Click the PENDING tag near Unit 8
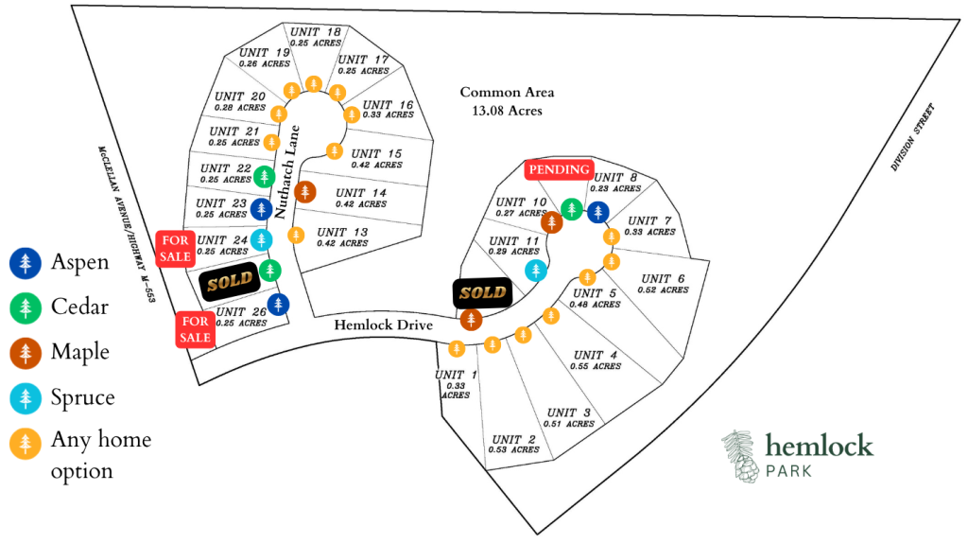click(560, 169)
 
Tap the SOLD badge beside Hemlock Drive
click(483, 293)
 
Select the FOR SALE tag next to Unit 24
click(175, 249)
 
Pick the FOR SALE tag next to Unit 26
click(195, 329)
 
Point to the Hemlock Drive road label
click(384, 325)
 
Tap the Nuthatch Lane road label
click(287, 172)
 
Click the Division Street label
click(913, 137)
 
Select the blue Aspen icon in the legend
click(26, 263)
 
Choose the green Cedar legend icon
click(26, 307)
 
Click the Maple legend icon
click(26, 352)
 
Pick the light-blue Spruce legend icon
click(26, 398)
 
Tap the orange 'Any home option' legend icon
click(26, 444)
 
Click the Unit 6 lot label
click(663, 284)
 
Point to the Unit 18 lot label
click(316, 37)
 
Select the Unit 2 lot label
click(513, 444)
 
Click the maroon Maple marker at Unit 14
click(305, 192)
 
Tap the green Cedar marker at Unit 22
click(265, 177)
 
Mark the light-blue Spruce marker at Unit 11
click(536, 271)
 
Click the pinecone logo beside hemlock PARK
click(741, 456)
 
